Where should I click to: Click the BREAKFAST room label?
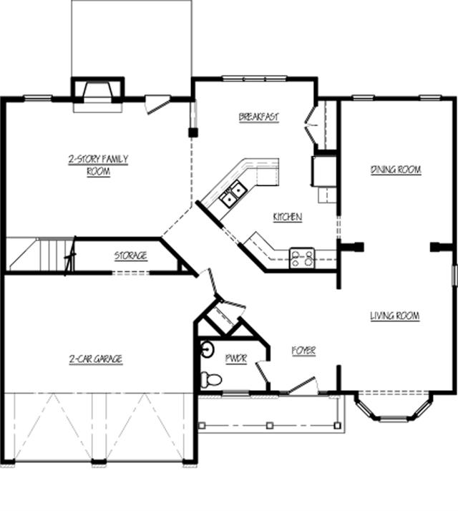click(x=259, y=117)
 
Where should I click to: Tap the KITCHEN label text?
click(x=288, y=217)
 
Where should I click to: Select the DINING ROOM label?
click(x=396, y=170)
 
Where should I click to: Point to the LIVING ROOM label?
click(x=395, y=316)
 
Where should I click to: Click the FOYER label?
click(x=304, y=351)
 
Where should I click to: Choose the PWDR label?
click(x=236, y=359)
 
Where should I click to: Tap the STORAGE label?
click(x=130, y=255)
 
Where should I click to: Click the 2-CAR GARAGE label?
click(x=96, y=359)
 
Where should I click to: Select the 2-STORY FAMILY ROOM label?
click(x=98, y=165)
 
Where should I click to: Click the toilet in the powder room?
click(x=211, y=379)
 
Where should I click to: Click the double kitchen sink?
click(x=233, y=193)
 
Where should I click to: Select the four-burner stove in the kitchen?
click(x=302, y=258)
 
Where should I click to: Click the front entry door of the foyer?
click(x=301, y=385)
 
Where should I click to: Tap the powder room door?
click(x=263, y=371)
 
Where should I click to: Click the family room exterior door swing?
click(x=157, y=104)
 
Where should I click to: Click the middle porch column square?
click(x=270, y=425)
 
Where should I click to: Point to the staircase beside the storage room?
click(x=41, y=255)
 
